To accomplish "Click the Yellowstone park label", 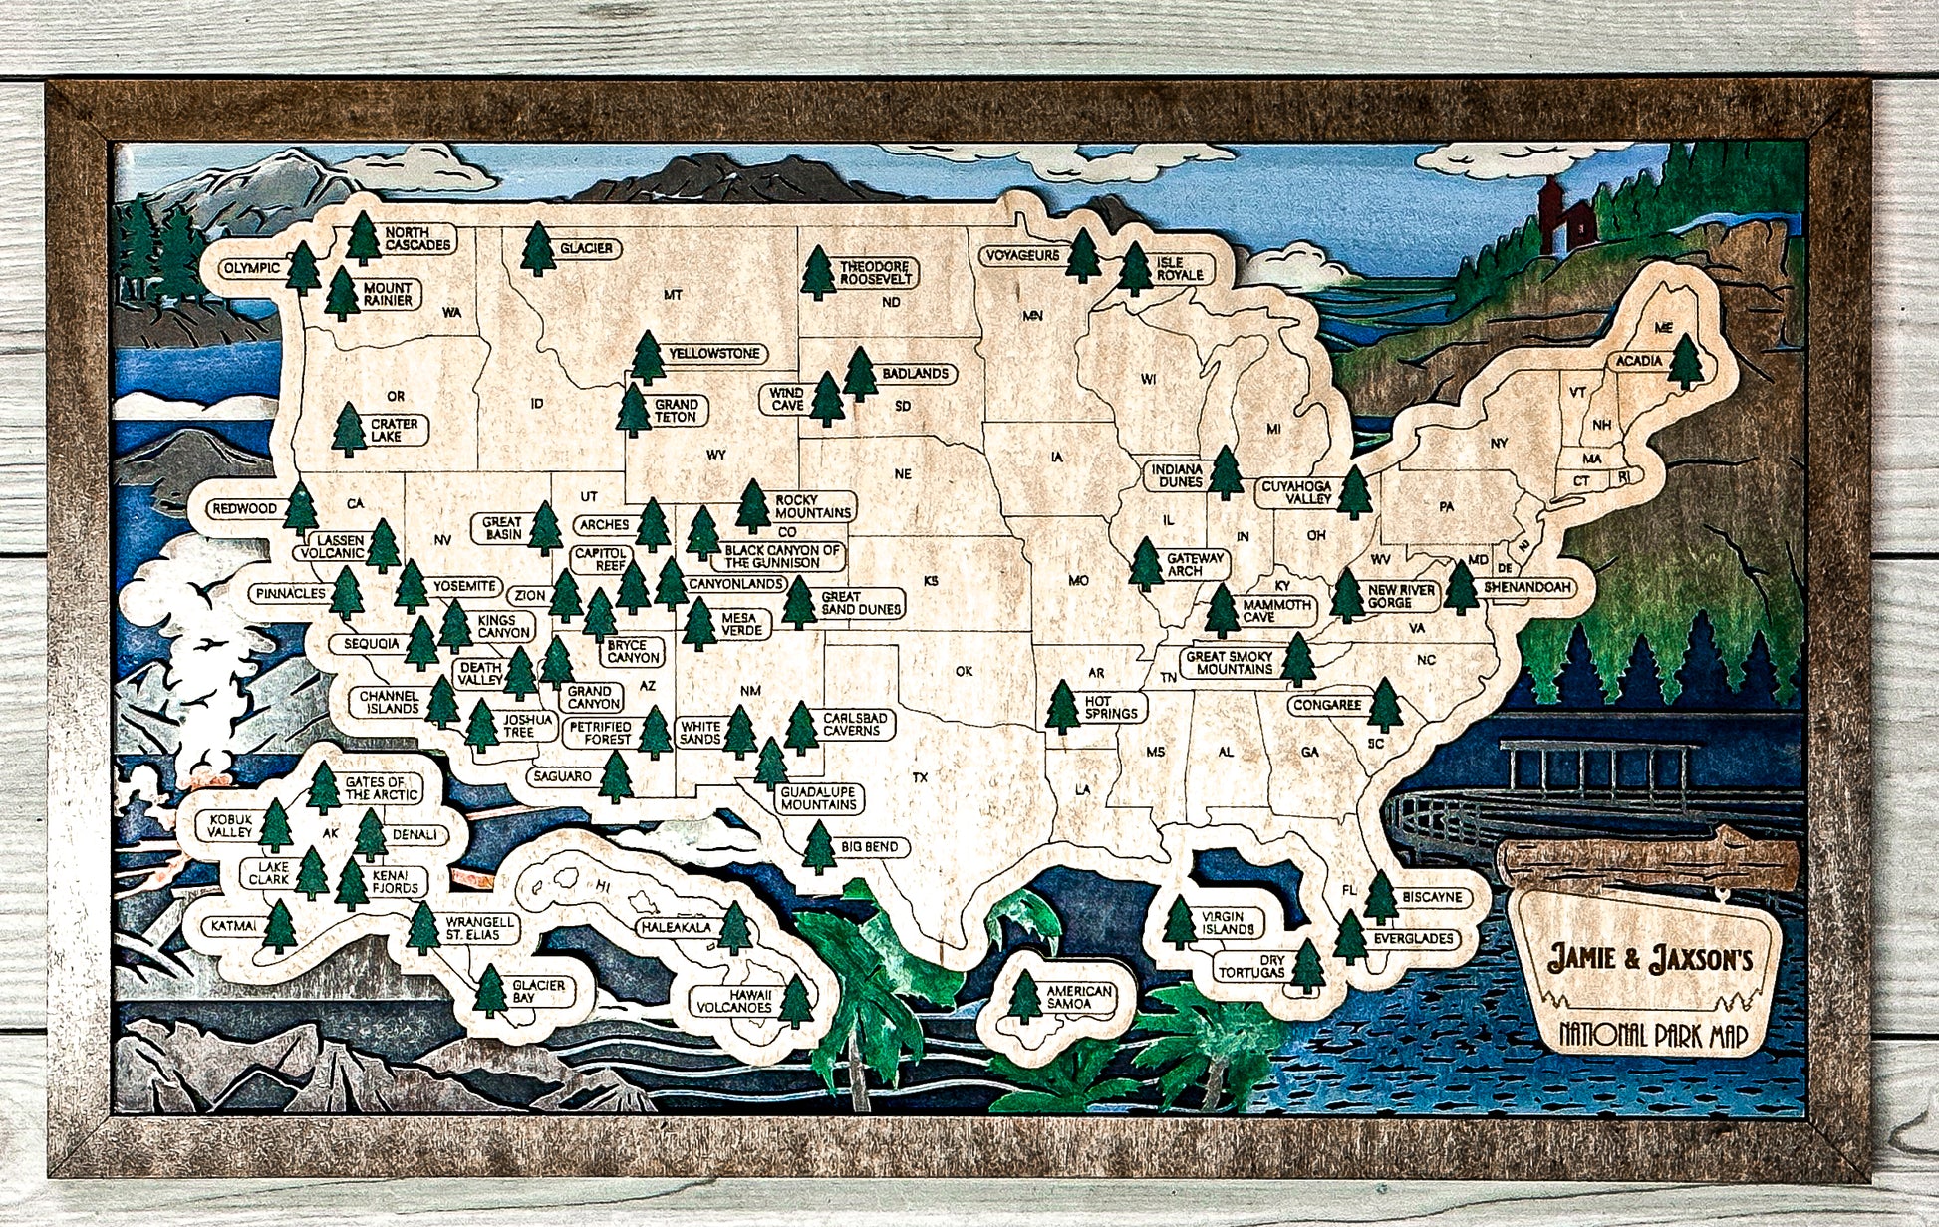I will [x=713, y=354].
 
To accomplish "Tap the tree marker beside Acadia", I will [x=1685, y=362].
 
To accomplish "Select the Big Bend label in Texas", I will [x=869, y=847].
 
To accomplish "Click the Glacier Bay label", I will [x=538, y=991].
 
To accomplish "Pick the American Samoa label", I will [x=1078, y=997].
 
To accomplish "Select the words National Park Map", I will [x=1654, y=1035].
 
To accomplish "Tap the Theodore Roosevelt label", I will [x=874, y=273].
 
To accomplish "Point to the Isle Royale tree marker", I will [x=1134, y=269].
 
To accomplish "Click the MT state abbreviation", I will [x=673, y=295].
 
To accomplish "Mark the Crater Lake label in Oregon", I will [x=394, y=430].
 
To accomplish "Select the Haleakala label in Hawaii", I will [x=677, y=928].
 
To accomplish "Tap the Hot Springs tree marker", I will [x=1062, y=707].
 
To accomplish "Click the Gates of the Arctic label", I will [x=381, y=788].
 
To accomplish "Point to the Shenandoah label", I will [x=1526, y=588].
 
